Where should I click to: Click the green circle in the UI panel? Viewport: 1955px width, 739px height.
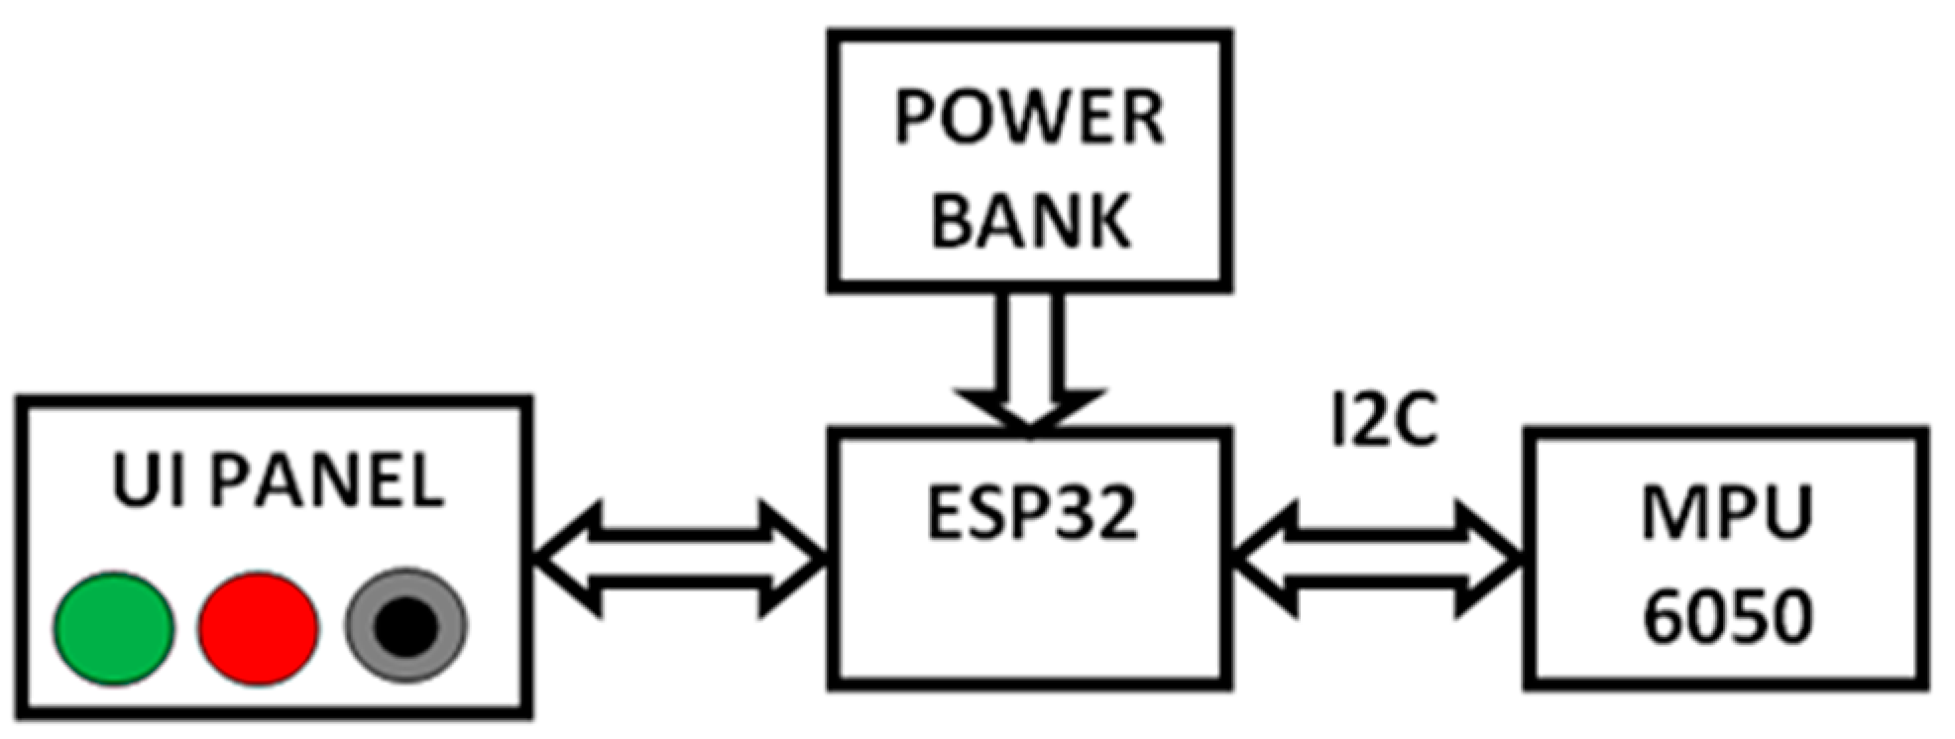click(113, 628)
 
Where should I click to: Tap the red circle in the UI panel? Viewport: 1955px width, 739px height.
click(258, 628)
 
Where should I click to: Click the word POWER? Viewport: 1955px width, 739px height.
click(1029, 119)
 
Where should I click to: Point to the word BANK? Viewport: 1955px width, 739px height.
click(1030, 220)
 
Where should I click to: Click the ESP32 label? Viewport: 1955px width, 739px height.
click(1031, 513)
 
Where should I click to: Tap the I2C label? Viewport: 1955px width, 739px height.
click(1383, 421)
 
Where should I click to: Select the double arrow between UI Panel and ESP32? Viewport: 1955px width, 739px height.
click(680, 560)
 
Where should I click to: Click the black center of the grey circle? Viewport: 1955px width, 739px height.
click(405, 627)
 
